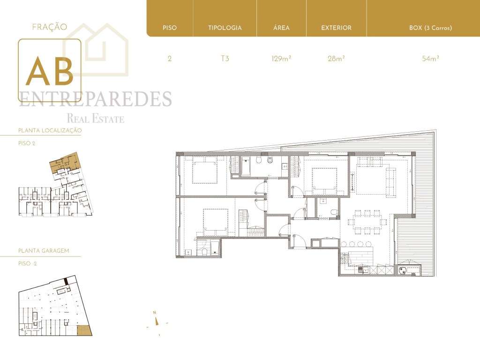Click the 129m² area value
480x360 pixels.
pyautogui.click(x=281, y=59)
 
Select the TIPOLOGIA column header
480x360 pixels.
pyautogui.click(x=225, y=28)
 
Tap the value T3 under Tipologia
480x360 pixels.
pyautogui.click(x=225, y=59)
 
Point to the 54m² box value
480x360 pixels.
pyautogui.click(x=430, y=59)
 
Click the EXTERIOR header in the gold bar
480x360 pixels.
pyautogui.click(x=336, y=28)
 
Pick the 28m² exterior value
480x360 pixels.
pyautogui.click(x=336, y=59)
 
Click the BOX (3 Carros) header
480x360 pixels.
pyautogui.click(x=430, y=28)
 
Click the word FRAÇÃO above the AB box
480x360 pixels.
pyautogui.click(x=49, y=27)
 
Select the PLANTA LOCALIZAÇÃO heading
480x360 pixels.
pyautogui.click(x=50, y=130)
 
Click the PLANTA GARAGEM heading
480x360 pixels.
pyautogui.click(x=44, y=251)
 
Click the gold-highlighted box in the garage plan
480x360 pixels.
pyautogui.click(x=84, y=330)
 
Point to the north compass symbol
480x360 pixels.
pyautogui.click(x=158, y=322)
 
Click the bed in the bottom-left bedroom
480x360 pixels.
pyautogui.click(x=216, y=222)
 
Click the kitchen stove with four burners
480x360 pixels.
pyautogui.click(x=402, y=270)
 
